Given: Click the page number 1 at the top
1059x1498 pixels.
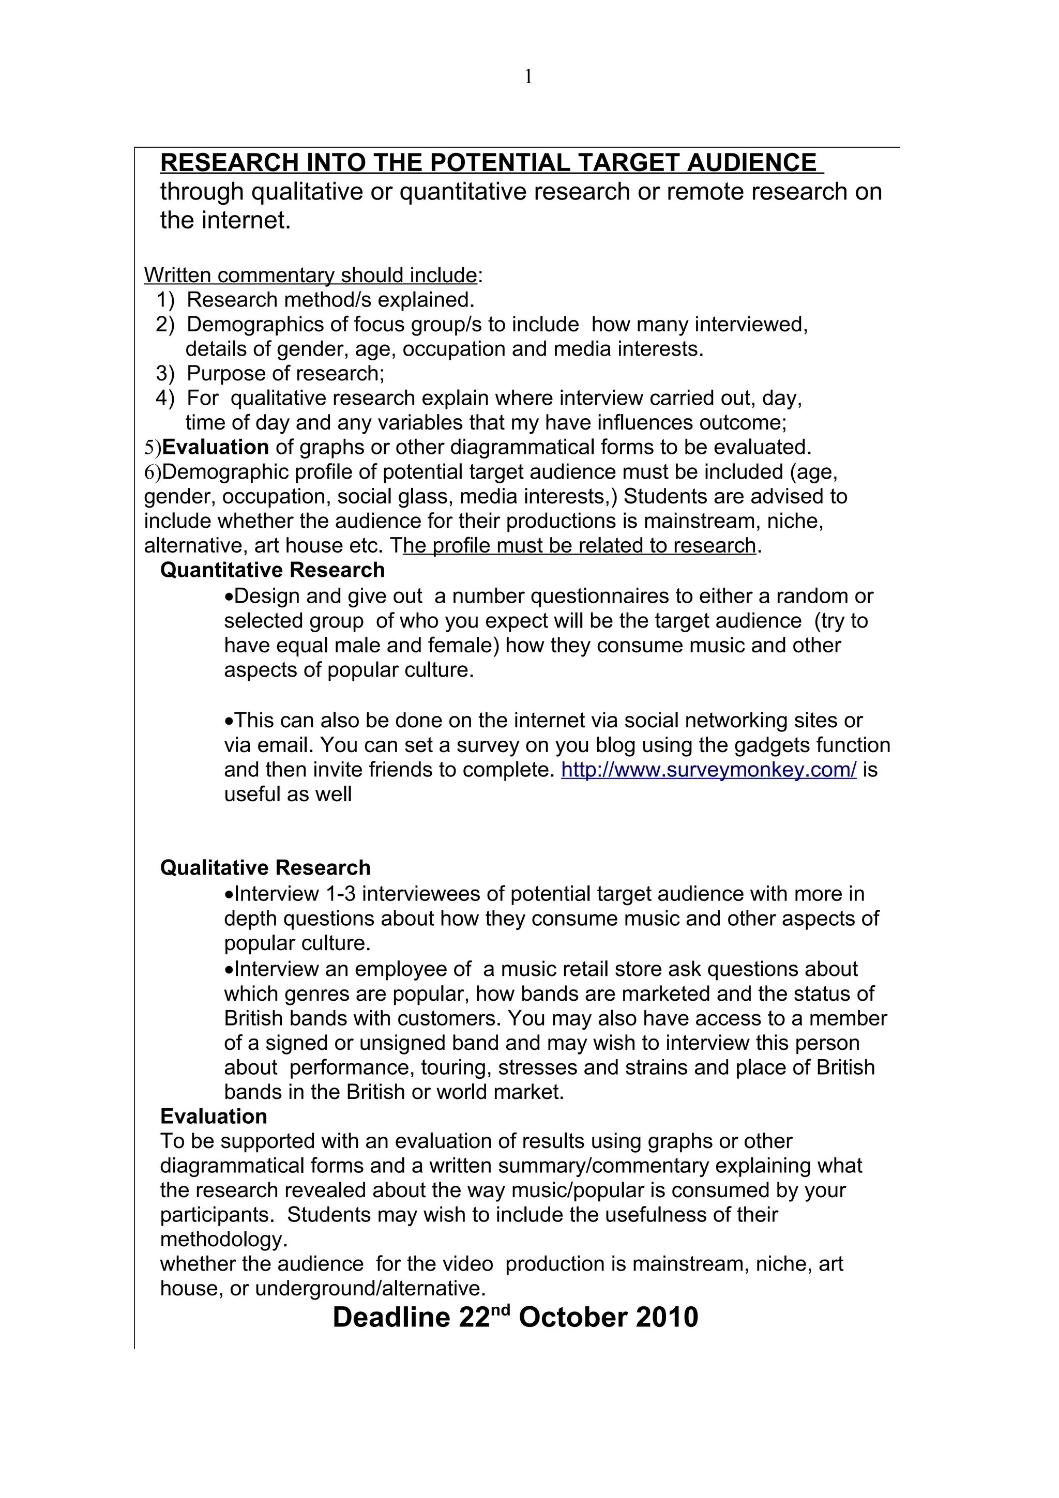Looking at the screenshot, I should pos(528,78).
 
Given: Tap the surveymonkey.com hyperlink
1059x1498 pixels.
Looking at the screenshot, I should pos(708,770).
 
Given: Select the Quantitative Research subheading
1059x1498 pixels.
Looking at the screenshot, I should pos(272,570).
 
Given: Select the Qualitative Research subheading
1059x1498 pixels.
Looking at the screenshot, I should pos(265,868).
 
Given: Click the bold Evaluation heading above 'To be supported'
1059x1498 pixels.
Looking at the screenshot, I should pos(214,1117).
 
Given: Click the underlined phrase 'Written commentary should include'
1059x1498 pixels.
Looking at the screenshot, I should pos(310,276).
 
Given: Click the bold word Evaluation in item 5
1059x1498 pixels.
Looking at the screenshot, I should pos(215,448).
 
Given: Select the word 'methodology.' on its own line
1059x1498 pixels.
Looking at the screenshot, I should pos(224,1239).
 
